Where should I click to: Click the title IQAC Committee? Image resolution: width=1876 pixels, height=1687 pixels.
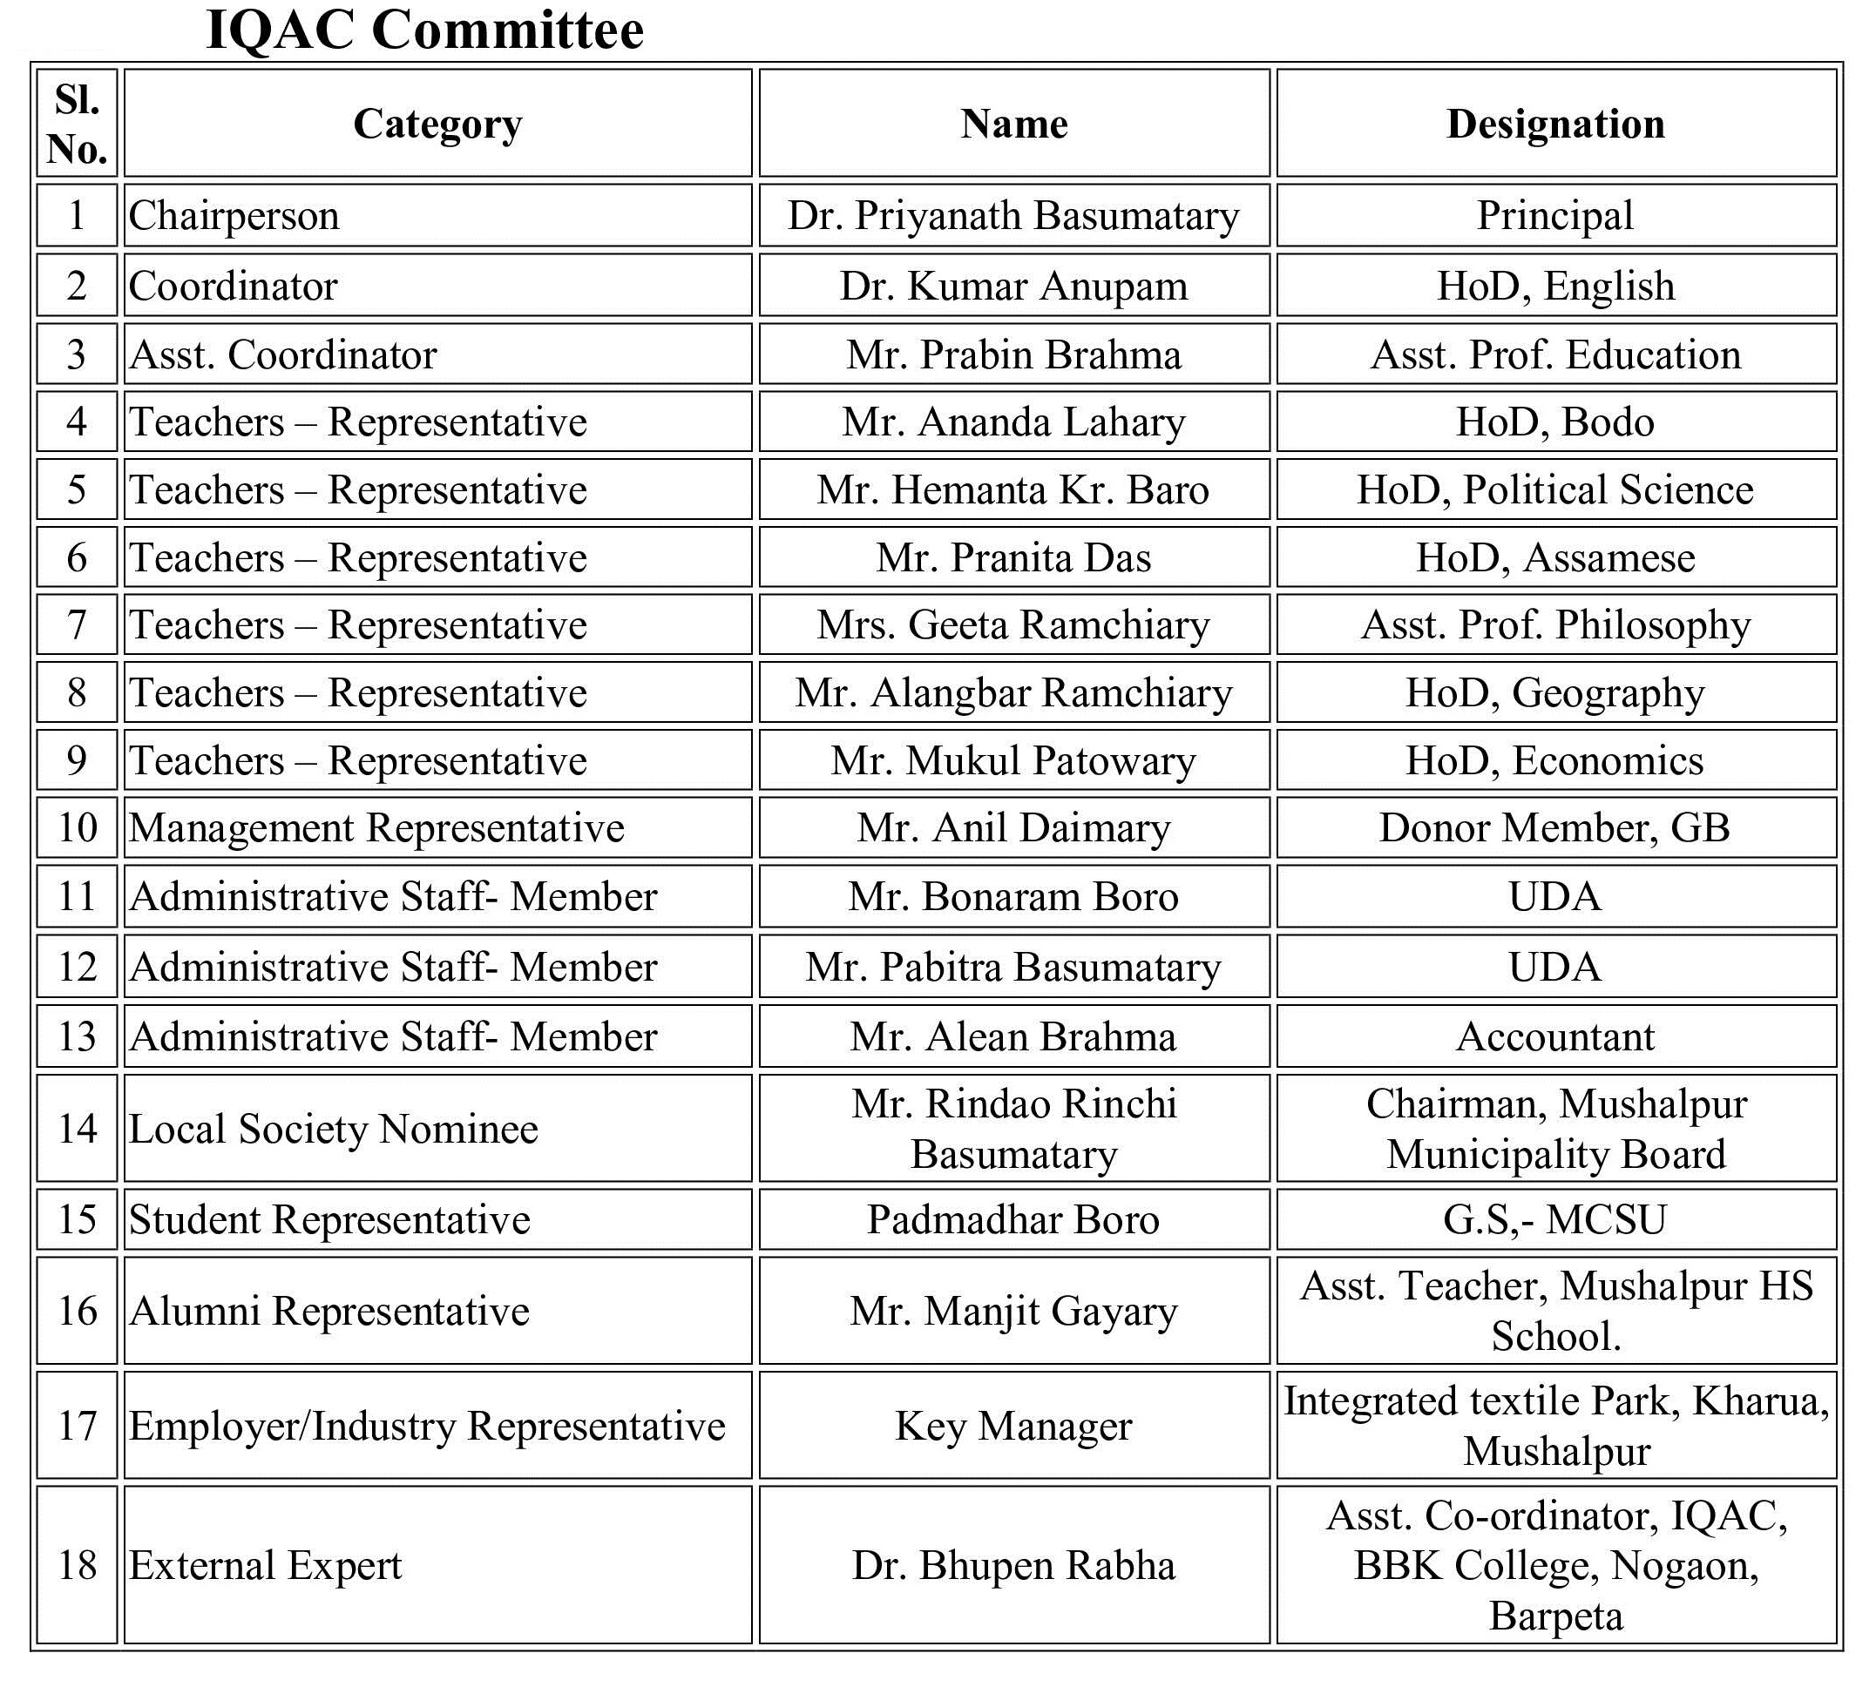(423, 30)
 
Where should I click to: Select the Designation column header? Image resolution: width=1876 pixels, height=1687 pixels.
(1555, 124)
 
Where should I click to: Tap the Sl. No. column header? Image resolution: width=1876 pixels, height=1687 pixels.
(77, 124)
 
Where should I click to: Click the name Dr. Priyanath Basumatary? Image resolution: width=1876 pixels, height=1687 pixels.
(1012, 215)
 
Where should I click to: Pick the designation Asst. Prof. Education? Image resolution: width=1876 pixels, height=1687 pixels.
(1555, 354)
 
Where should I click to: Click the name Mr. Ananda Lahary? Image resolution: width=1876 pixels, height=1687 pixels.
(1012, 422)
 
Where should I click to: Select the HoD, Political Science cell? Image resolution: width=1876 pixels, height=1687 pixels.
(1555, 489)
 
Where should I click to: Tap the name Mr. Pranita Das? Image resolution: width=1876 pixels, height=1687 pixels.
(1012, 557)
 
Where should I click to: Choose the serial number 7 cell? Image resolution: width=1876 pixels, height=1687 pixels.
(77, 624)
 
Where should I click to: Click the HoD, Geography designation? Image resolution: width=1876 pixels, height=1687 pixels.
(1555, 692)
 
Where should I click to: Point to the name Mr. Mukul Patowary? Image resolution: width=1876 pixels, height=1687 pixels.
(1012, 760)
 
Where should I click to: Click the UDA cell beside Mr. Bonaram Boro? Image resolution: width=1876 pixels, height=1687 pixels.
(1555, 896)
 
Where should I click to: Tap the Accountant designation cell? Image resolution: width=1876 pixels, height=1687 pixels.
(1555, 1036)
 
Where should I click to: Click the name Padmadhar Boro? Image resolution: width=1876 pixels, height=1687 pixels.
(1012, 1219)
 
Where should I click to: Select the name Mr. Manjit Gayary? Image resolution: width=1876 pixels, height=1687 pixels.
(1012, 1311)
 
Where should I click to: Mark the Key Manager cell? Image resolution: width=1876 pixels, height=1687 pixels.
(1012, 1426)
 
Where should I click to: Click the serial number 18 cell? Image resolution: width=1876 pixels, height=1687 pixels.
(77, 1566)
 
